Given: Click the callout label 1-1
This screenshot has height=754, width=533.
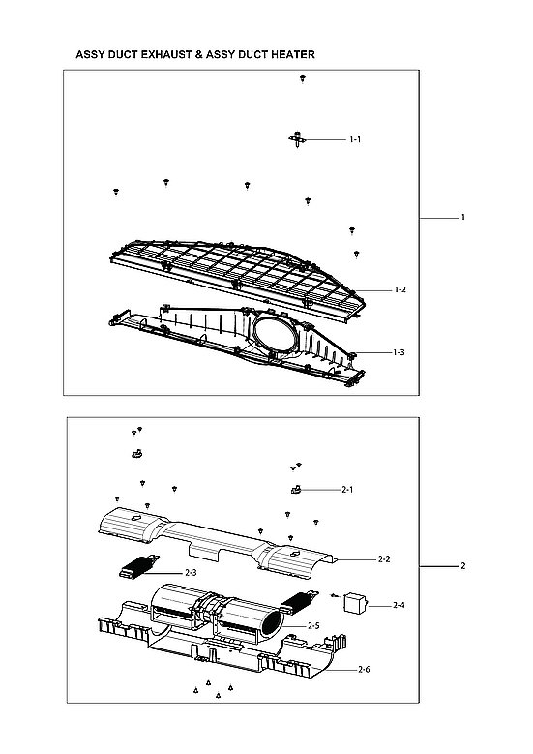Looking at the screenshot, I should (x=355, y=140).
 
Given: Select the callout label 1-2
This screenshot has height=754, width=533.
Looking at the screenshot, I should (x=400, y=290).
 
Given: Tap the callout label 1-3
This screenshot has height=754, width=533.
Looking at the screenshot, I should (x=399, y=353).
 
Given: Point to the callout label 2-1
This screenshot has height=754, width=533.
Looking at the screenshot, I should (x=347, y=491).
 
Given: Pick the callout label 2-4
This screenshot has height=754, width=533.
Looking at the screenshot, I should (x=400, y=606).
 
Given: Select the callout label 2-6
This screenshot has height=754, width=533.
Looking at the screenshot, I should (x=364, y=670).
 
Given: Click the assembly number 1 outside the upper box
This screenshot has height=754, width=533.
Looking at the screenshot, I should (x=463, y=217).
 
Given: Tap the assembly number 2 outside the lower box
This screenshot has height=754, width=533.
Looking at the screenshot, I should (x=463, y=565).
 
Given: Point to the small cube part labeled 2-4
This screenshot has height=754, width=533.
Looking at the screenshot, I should (x=354, y=604).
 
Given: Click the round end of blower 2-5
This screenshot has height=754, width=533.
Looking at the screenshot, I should (x=276, y=621).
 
